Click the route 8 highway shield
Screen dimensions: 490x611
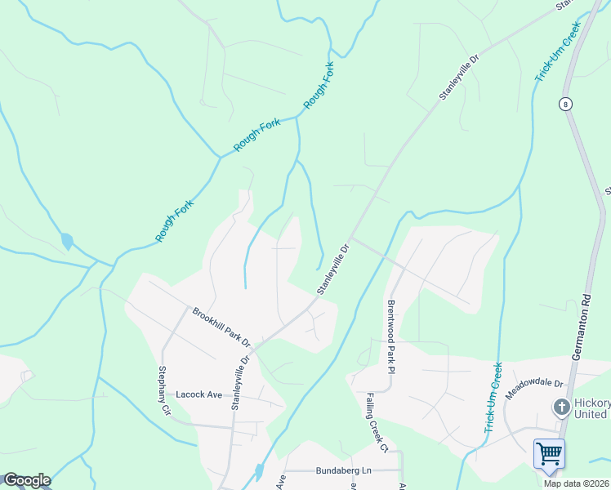coord(564,104)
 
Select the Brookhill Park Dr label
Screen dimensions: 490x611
coord(221,325)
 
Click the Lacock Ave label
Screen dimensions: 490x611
coord(199,394)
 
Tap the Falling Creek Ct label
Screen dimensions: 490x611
coord(376,424)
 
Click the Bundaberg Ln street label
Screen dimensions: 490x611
coord(343,471)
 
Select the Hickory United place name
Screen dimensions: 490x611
coord(591,409)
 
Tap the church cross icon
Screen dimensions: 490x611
coord(561,407)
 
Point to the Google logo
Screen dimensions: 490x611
coord(27,480)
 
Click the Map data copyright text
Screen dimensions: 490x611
coord(576,483)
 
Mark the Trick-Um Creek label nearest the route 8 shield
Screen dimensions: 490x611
coord(557,58)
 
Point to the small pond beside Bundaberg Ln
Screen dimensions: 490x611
coord(258,472)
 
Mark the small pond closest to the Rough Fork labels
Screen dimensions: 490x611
coord(66,242)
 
